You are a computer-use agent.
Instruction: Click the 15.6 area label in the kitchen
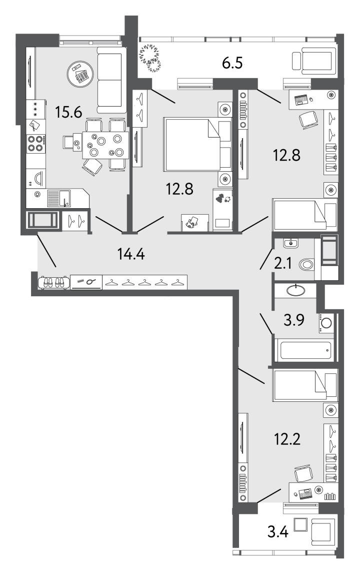coord(68,112)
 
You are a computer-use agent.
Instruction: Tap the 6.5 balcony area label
coord(232,63)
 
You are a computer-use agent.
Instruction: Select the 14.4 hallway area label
coord(131,253)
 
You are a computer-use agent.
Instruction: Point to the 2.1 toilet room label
coord(283,263)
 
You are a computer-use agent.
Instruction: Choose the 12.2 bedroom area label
coord(287,438)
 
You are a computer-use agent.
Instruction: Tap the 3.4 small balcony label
coord(278,531)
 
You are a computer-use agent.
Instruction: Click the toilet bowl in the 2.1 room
coord(306,264)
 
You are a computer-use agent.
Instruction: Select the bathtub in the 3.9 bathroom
coord(304,350)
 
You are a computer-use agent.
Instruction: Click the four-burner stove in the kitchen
coord(35,143)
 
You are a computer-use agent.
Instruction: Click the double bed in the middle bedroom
coord(198,144)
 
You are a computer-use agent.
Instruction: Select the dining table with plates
coord(105,145)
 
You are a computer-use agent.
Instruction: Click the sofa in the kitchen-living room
coord(110,81)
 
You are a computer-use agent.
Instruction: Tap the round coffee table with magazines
coord(80,74)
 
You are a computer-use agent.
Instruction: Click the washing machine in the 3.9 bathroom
coord(326,323)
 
